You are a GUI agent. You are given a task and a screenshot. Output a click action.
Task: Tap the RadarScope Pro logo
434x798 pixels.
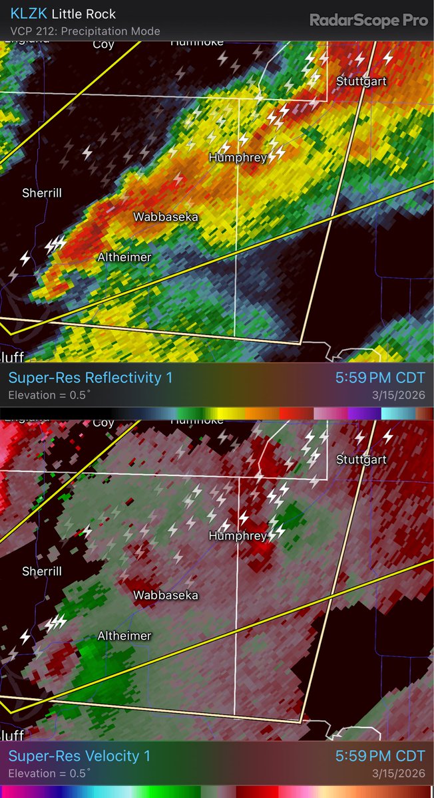coord(368,21)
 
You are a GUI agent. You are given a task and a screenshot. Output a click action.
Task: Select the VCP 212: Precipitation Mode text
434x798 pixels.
coord(85,31)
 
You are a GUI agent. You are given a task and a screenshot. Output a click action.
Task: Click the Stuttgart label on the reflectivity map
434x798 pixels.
coord(361,81)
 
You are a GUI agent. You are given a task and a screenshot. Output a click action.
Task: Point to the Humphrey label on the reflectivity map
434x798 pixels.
coord(238,158)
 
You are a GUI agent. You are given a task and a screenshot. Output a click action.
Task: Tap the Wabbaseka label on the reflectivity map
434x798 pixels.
coord(165,217)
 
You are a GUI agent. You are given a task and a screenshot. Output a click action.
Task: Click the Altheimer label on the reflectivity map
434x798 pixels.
coord(124,257)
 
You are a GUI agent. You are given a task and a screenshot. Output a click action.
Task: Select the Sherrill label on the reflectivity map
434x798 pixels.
coord(42,193)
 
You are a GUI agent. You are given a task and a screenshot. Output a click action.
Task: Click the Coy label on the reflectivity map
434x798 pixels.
coord(103,45)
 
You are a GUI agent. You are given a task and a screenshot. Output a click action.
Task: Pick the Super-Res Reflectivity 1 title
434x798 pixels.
coord(90,378)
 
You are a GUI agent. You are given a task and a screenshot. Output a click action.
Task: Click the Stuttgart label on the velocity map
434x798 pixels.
coord(361,460)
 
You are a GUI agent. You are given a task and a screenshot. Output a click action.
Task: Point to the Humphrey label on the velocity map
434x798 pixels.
coord(238,536)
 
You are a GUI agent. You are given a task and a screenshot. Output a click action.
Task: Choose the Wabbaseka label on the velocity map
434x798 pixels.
coord(165,595)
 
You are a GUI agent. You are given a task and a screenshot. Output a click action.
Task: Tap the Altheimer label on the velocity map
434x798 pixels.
coord(124,636)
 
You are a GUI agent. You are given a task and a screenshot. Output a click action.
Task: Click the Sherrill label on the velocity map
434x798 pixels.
coord(42,571)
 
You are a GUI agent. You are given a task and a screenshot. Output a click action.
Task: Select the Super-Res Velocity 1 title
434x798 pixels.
coord(79,756)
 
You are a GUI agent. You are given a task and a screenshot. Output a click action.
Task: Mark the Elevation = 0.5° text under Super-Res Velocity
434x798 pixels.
coord(49,773)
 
